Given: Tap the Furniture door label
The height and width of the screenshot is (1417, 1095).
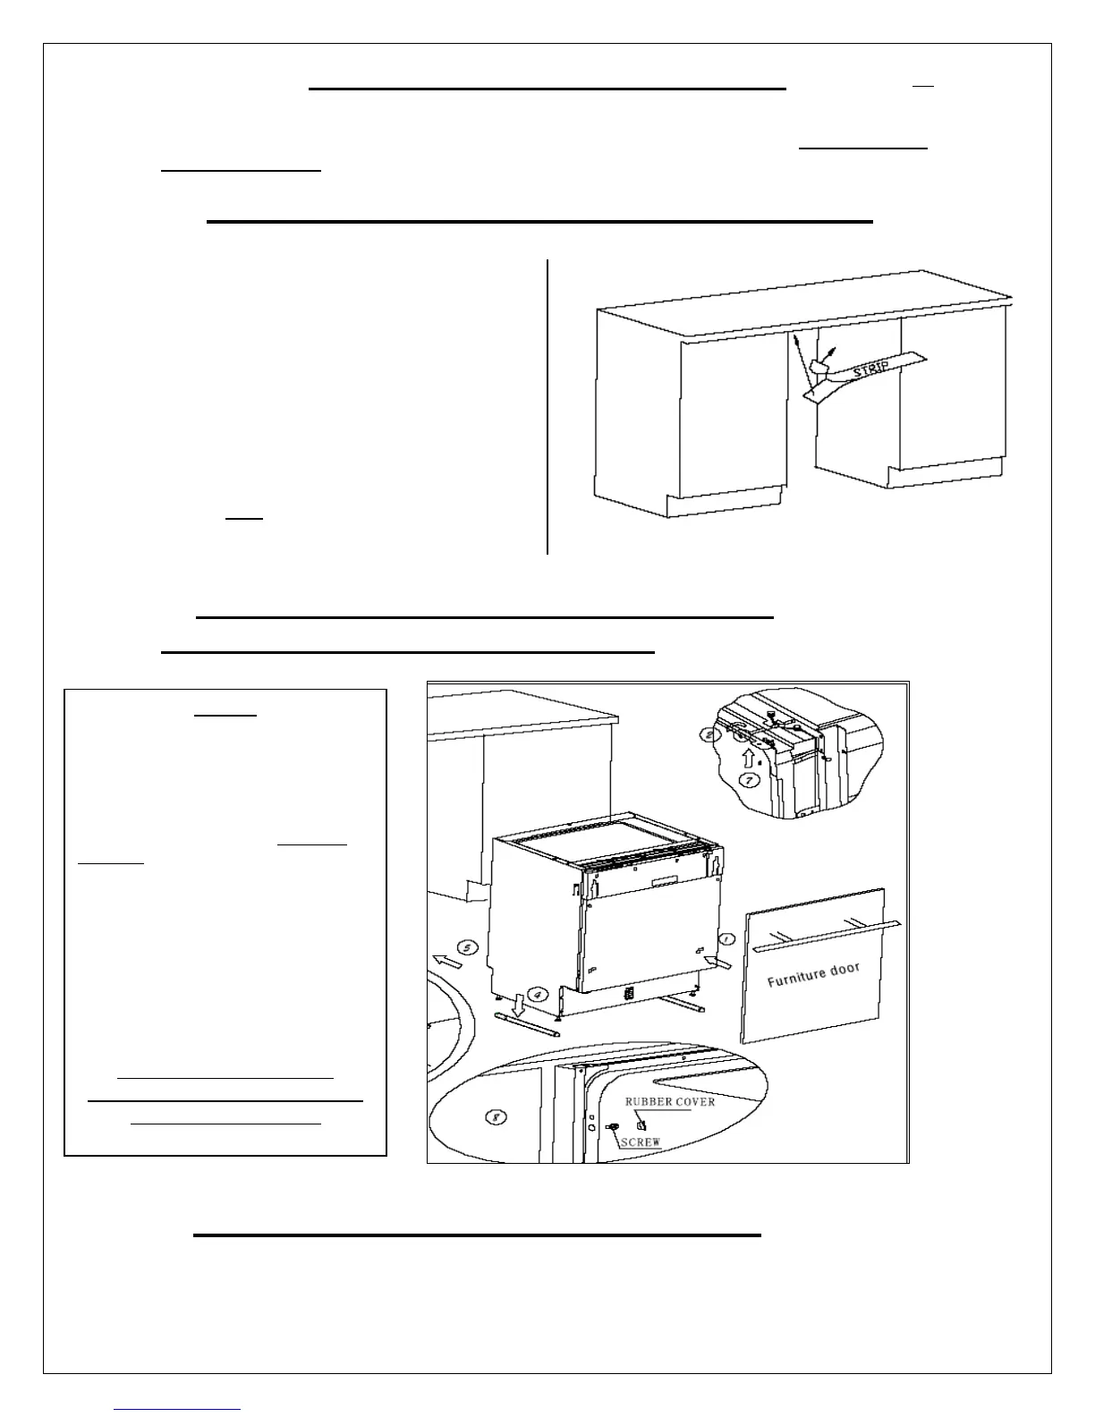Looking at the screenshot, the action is [813, 974].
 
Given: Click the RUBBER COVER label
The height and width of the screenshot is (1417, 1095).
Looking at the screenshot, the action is [669, 1101].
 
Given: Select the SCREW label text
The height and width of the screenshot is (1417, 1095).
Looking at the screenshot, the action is [641, 1142].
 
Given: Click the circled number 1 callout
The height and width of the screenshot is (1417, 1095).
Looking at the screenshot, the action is [727, 940].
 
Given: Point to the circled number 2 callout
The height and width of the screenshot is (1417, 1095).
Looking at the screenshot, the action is [709, 735].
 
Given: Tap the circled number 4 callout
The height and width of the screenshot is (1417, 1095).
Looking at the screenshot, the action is [535, 993].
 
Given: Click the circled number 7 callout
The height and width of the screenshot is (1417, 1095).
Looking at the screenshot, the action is [749, 780].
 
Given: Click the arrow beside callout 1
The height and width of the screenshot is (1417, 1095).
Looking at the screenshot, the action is [717, 961].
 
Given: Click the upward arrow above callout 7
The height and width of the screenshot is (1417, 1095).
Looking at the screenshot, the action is [750, 757].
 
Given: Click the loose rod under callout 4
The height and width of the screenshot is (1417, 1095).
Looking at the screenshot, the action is [526, 1023].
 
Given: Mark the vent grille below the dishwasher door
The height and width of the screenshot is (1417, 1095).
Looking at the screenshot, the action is [629, 993].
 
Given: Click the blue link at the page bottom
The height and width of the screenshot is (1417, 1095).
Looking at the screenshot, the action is [178, 1408].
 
